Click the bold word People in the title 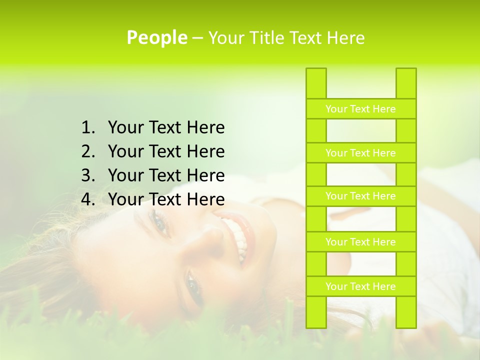[x=156, y=37]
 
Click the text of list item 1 [x=166, y=128]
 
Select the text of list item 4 [x=166, y=199]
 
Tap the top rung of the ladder [x=360, y=109]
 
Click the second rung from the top [x=360, y=153]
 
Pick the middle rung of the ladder [x=360, y=196]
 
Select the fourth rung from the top [x=360, y=242]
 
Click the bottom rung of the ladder [x=360, y=286]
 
